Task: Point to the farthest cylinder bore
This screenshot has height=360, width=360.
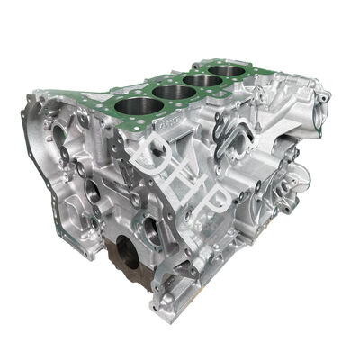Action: click(226, 71)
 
